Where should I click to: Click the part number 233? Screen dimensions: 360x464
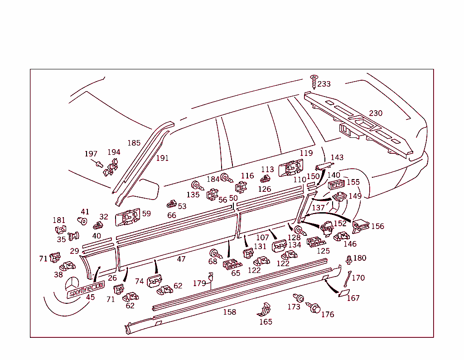(324, 84)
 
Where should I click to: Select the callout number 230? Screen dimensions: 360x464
(376, 113)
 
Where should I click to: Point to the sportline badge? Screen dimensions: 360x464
(86, 289)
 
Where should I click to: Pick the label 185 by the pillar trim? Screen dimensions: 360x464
(134, 143)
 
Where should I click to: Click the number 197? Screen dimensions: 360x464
(91, 154)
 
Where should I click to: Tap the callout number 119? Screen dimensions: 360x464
(306, 153)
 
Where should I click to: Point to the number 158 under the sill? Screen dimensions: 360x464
(229, 312)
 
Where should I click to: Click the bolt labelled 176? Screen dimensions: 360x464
(313, 308)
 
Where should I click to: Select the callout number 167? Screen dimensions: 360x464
(353, 298)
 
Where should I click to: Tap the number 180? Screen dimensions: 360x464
(360, 258)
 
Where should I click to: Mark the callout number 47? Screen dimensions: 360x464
(181, 259)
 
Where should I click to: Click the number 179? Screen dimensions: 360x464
(199, 283)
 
